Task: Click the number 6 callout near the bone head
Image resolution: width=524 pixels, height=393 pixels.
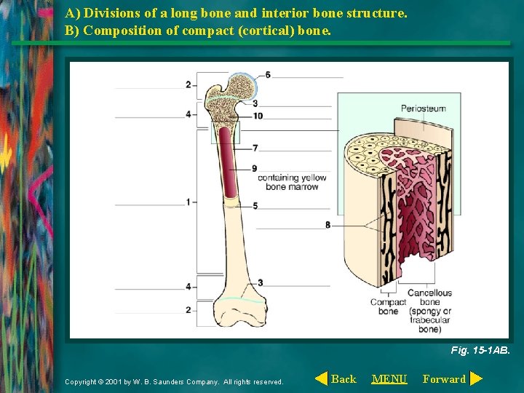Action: [x=268, y=75]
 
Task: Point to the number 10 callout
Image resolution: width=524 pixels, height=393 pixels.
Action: [x=258, y=116]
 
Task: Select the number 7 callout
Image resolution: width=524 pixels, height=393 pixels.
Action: [x=255, y=148]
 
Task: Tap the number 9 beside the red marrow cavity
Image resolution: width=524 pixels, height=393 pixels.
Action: [x=254, y=168]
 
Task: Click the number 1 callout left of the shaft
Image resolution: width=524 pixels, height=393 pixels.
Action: [x=188, y=202]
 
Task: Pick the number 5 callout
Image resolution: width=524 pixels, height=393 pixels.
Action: [x=255, y=206]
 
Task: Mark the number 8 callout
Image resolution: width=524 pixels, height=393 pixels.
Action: [x=327, y=225]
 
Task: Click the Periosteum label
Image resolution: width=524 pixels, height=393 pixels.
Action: [x=423, y=108]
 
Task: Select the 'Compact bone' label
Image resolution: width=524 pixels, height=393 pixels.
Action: [x=388, y=306]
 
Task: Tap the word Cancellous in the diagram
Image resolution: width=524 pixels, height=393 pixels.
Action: [x=429, y=293]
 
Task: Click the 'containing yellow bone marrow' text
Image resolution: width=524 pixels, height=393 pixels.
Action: [x=292, y=182]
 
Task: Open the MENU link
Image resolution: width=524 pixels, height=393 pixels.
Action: [x=389, y=378]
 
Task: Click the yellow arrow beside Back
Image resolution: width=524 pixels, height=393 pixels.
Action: [x=321, y=378]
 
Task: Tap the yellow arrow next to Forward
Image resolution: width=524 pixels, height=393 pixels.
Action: [x=476, y=378]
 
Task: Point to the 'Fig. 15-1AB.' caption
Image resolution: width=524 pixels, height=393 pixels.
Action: [x=480, y=350]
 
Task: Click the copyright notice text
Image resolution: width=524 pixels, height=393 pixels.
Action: [x=174, y=381]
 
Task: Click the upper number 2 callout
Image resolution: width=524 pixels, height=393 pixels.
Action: [x=188, y=84]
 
